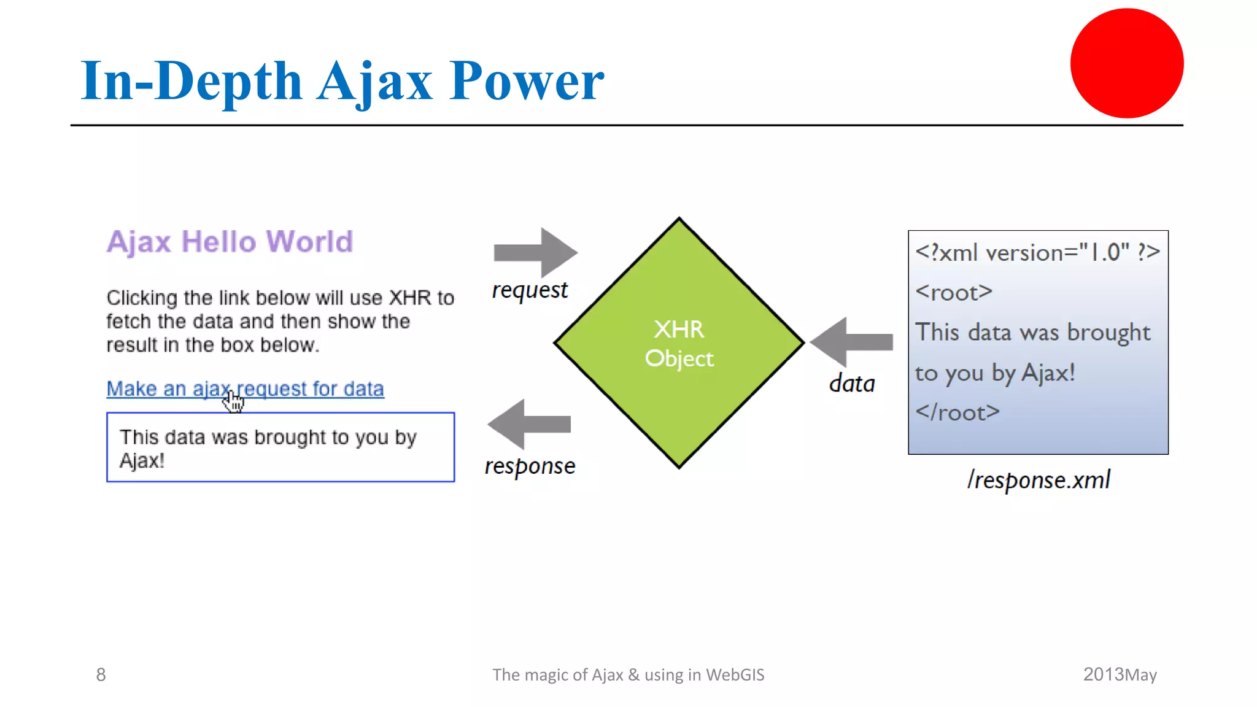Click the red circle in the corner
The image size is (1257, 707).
[1127, 63]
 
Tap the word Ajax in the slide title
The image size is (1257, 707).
[374, 82]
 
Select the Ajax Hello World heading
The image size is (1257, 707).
[230, 241]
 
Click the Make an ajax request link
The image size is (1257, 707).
[245, 388]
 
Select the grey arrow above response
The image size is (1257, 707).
[528, 424]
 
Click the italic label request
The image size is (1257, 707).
[530, 290]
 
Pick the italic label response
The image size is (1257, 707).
[530, 466]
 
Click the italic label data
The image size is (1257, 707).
[852, 384]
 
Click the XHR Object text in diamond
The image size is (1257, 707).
[679, 344]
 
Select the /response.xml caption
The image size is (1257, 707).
[1038, 480]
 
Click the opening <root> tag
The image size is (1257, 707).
[953, 292]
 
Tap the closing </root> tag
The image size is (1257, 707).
[957, 412]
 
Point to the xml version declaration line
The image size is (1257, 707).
[1037, 252]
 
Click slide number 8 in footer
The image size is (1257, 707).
[101, 674]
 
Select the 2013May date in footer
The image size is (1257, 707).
[1120, 674]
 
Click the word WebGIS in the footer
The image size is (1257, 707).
[735, 674]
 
